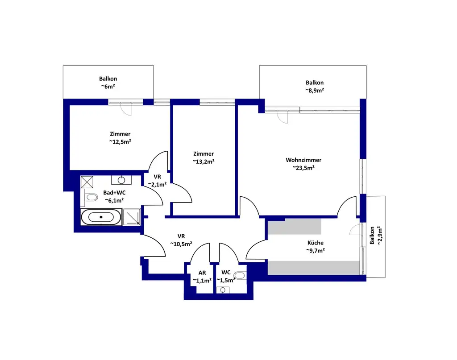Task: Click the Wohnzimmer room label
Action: (303, 160)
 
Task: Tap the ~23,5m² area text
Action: (303, 168)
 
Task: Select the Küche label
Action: (316, 243)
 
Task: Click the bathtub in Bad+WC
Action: (101, 217)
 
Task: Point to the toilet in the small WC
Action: (240, 276)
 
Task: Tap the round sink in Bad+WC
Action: (121, 180)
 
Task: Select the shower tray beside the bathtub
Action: (132, 217)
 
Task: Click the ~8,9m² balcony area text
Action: (315, 90)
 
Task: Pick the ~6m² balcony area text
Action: (108, 87)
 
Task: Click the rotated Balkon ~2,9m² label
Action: (376, 236)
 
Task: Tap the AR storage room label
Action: (202, 273)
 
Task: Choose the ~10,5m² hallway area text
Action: (181, 244)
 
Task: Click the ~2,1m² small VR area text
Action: (158, 184)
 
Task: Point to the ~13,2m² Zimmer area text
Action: (204, 161)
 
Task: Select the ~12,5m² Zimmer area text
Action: (120, 141)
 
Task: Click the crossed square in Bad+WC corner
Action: (87, 182)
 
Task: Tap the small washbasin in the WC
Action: (223, 290)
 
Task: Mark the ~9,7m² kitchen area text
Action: (316, 251)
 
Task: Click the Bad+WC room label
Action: (114, 193)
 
